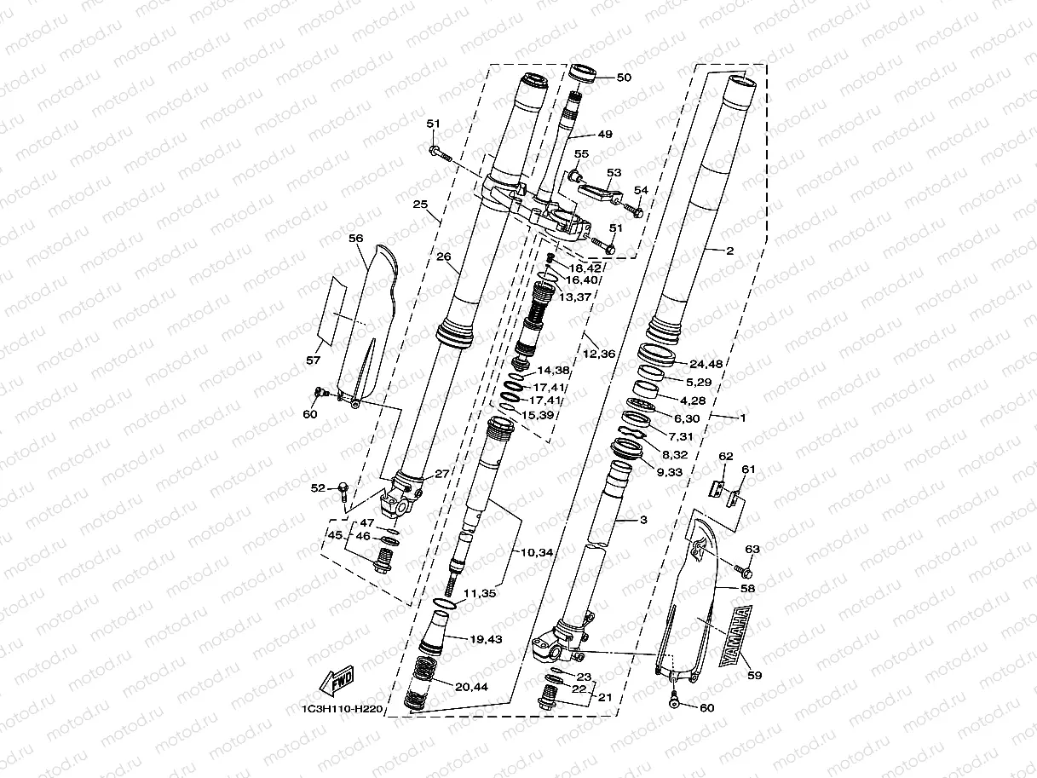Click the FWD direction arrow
click(337, 681)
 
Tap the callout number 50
click(624, 78)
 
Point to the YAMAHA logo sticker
click(734, 635)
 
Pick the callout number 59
click(755, 676)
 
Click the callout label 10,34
click(534, 553)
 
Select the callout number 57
click(314, 360)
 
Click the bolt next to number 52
click(343, 490)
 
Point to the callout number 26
click(442, 256)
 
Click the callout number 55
click(582, 153)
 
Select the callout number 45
click(335, 535)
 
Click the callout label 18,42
click(586, 268)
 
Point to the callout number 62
click(725, 457)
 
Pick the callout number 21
click(606, 696)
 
